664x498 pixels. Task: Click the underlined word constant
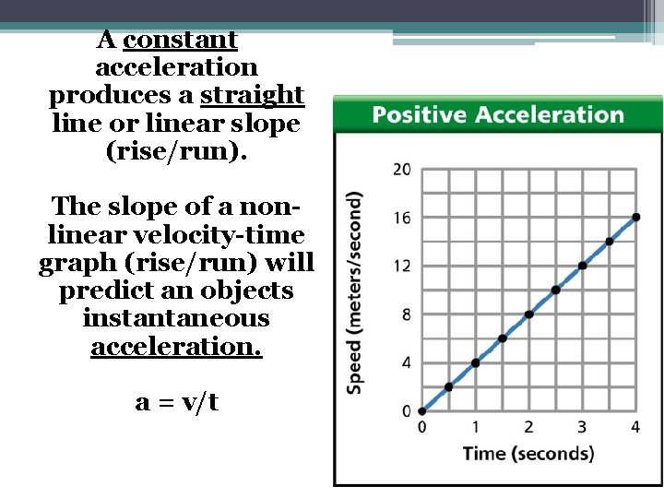[x=180, y=41]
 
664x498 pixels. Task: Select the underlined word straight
[x=252, y=95]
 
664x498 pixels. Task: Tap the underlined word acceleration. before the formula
[x=176, y=347]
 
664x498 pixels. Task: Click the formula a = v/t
[x=176, y=402]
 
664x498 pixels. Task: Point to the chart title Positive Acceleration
[x=498, y=115]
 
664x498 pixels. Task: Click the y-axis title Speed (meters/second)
[x=354, y=293]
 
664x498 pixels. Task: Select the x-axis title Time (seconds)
[x=528, y=453]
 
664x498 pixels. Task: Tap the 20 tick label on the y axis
[x=402, y=170]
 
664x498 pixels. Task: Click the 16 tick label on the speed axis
[x=402, y=219]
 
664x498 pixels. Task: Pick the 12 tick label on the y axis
[x=402, y=267]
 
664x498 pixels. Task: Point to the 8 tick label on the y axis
[x=406, y=314]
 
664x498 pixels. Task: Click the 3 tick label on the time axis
[x=582, y=427]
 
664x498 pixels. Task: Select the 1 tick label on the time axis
[x=475, y=427]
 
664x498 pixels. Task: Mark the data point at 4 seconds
[x=636, y=218]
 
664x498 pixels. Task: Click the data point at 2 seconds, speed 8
[x=529, y=314]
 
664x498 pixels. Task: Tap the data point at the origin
[x=421, y=411]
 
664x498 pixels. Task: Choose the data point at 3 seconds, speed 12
[x=583, y=266]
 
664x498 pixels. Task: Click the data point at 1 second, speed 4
[x=476, y=362]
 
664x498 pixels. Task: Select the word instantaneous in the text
[x=176, y=319]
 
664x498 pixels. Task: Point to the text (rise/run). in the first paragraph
[x=177, y=151]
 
